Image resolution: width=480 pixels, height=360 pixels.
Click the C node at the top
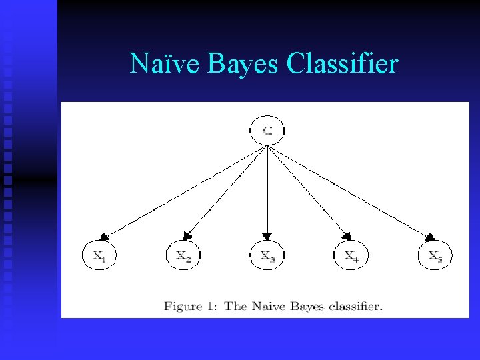[x=267, y=130]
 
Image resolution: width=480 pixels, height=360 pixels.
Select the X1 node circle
[x=99, y=256]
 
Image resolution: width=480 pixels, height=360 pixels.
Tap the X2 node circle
[x=183, y=256]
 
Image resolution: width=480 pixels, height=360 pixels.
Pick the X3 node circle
[x=267, y=256]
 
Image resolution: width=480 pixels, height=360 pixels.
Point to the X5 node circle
[x=435, y=256]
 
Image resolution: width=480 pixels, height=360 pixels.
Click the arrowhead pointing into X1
[x=105, y=235]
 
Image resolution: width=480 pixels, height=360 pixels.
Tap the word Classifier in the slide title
[x=342, y=64]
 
